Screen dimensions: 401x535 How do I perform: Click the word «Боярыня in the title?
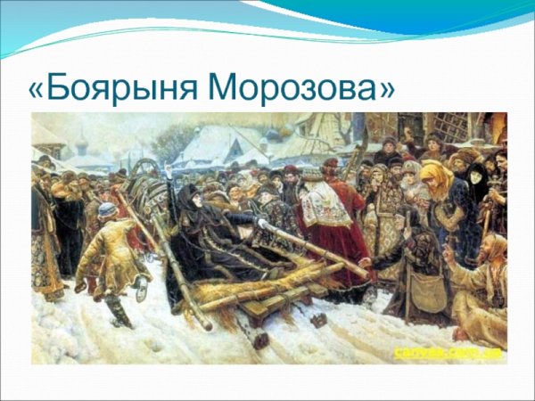[x=115, y=87]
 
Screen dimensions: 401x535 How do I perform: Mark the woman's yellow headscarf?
[x=436, y=179]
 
